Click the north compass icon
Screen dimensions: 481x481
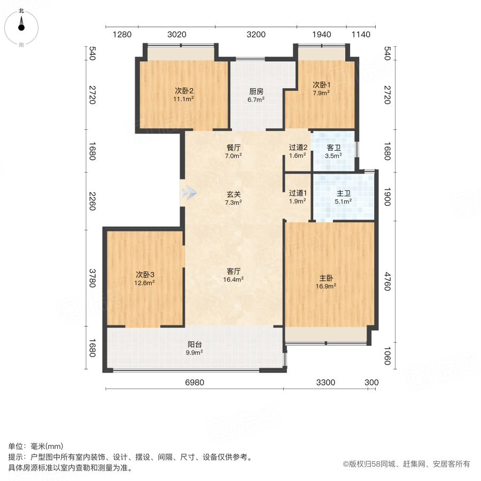21,25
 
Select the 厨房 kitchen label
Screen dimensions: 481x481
257,91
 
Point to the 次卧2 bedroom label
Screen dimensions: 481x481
183,91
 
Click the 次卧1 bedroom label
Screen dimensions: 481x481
321,84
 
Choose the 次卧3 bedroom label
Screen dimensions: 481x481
144,275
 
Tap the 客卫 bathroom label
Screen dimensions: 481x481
333,148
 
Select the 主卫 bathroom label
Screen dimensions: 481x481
343,194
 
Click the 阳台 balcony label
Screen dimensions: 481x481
194,345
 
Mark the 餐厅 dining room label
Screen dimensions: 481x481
234,148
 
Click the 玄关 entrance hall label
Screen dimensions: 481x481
234,195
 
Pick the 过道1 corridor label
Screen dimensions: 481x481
297,193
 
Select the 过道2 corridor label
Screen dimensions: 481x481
297,148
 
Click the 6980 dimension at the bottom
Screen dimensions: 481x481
195,383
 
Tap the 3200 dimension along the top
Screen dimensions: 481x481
255,35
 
